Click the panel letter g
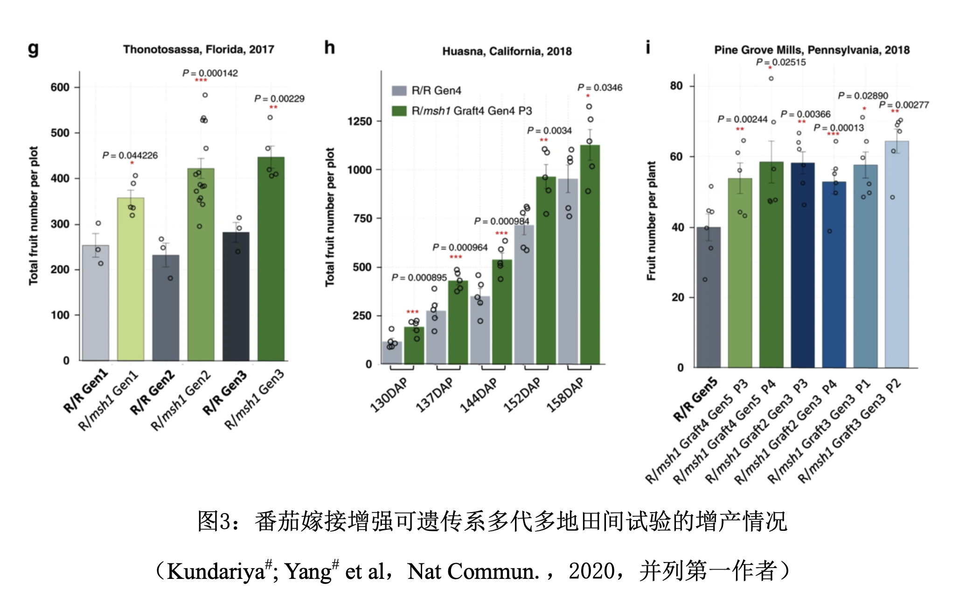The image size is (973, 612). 33,49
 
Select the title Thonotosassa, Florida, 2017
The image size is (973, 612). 198,49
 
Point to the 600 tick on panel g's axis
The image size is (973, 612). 60,87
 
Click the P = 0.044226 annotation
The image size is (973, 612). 130,155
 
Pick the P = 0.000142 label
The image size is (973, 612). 210,73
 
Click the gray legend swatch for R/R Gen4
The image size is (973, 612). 399,90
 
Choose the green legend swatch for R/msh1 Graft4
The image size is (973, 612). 399,111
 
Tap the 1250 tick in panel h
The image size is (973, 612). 360,121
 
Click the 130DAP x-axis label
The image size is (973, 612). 389,395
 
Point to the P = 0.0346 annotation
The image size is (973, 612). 600,88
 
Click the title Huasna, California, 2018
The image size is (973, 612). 507,51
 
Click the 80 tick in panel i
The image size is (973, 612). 676,86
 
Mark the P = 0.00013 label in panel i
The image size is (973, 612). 839,128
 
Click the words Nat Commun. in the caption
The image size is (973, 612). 473,571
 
